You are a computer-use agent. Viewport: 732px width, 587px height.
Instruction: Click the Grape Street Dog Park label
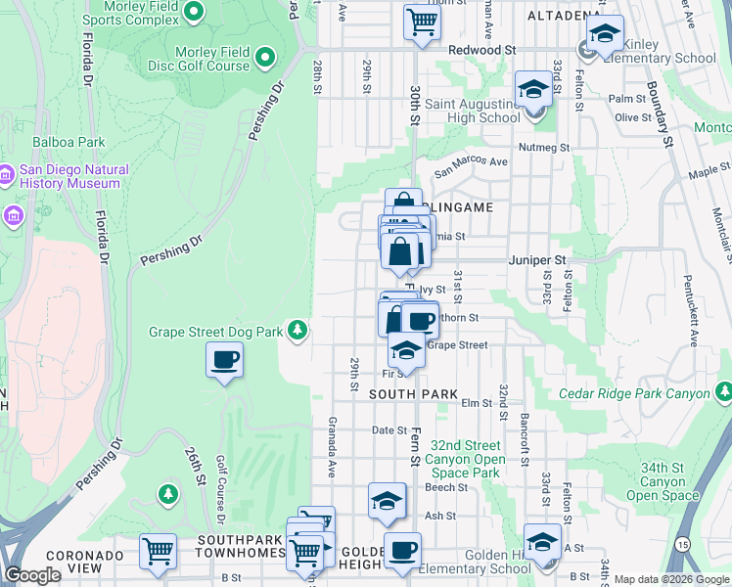(x=215, y=333)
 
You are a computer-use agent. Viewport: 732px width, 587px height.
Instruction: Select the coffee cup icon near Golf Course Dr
(x=224, y=360)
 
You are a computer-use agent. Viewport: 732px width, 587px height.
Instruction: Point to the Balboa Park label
(x=69, y=142)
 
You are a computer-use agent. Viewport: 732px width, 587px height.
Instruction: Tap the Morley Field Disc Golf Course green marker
(x=264, y=59)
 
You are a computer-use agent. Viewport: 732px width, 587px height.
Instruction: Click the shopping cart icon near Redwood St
(x=422, y=21)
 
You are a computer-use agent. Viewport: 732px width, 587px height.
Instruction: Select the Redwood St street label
(x=482, y=49)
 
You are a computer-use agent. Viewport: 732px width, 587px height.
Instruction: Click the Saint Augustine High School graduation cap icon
(x=533, y=90)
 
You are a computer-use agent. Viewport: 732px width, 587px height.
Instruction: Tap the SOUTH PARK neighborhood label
(x=414, y=394)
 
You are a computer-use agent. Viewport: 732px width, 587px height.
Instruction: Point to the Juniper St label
(x=537, y=261)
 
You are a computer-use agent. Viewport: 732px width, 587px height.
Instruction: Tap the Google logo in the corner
(x=32, y=576)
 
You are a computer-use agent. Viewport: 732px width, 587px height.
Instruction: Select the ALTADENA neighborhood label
(x=564, y=17)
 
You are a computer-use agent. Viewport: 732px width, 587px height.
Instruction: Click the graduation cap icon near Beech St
(x=388, y=501)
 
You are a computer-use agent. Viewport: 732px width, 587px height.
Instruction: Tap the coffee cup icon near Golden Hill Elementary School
(x=402, y=550)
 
